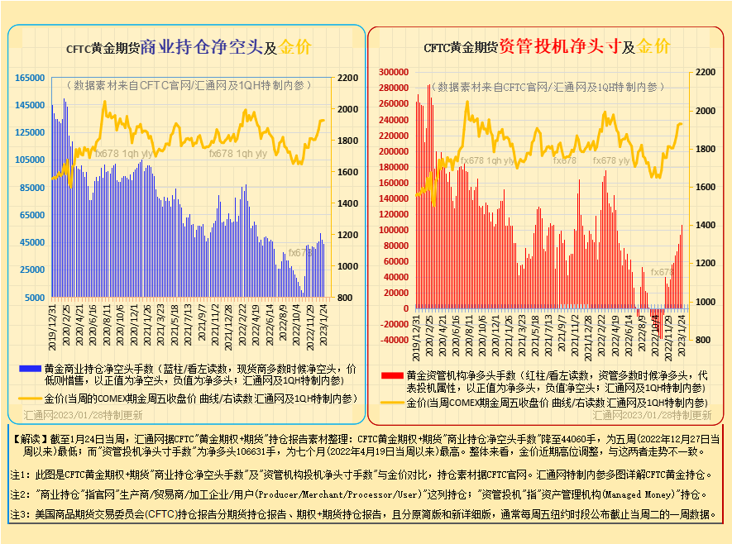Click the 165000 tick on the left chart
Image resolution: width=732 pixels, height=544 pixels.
click(x=29, y=78)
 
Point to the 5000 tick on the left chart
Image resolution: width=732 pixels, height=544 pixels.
click(x=34, y=297)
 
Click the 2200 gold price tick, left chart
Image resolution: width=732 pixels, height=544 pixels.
click(x=347, y=78)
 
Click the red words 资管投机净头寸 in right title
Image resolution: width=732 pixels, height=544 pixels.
click(x=560, y=46)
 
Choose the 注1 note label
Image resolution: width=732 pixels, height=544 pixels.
click(x=20, y=475)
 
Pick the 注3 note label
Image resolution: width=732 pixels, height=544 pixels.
click(x=20, y=514)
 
